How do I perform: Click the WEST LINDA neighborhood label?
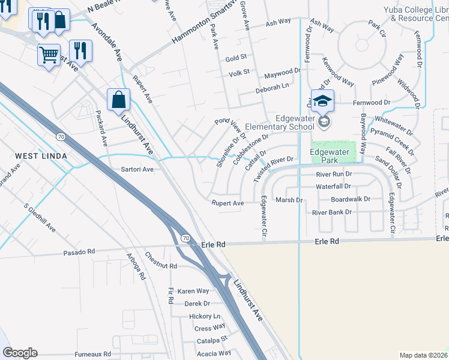40,156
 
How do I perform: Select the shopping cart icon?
49,55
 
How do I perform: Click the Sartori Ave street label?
138,170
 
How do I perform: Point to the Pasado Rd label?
79,253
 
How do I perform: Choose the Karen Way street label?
193,291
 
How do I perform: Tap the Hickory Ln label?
205,316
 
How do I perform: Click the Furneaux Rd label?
92,355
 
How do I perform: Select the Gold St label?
237,58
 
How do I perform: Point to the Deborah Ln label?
272,86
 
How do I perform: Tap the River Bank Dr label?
332,212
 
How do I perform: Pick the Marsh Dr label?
288,200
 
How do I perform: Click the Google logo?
19,353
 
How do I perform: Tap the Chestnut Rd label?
161,265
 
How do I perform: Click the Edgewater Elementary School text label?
294,122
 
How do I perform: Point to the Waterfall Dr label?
333,187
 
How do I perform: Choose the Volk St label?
238,74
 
